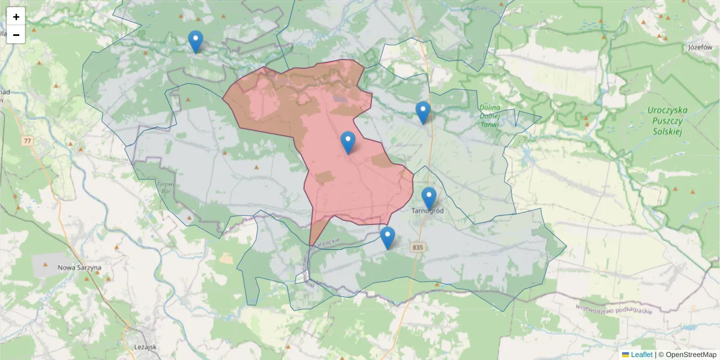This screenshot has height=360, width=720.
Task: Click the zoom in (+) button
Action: pyautogui.click(x=16, y=17)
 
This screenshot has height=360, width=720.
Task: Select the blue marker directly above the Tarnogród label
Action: pyautogui.click(x=428, y=198)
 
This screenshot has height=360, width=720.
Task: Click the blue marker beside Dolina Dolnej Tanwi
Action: pyautogui.click(x=423, y=112)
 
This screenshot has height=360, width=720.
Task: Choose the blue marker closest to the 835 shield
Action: pyautogui.click(x=388, y=238)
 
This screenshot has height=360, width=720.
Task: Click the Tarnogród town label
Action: pyautogui.click(x=428, y=211)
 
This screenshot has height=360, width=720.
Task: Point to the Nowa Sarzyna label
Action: pyautogui.click(x=79, y=268)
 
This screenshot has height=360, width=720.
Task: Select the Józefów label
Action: pyautogui.click(x=699, y=47)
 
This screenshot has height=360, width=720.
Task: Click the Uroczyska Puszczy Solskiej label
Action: pyautogui.click(x=667, y=121)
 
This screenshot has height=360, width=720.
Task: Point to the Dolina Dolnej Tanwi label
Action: pyautogui.click(x=490, y=116)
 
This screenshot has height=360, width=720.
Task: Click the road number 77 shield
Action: pyautogui.click(x=28, y=141)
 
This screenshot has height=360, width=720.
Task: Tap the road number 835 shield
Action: pyautogui.click(x=418, y=247)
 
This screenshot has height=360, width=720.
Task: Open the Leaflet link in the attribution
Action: pyautogui.click(x=641, y=355)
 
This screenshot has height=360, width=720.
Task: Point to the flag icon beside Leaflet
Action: pyautogui.click(x=625, y=355)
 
